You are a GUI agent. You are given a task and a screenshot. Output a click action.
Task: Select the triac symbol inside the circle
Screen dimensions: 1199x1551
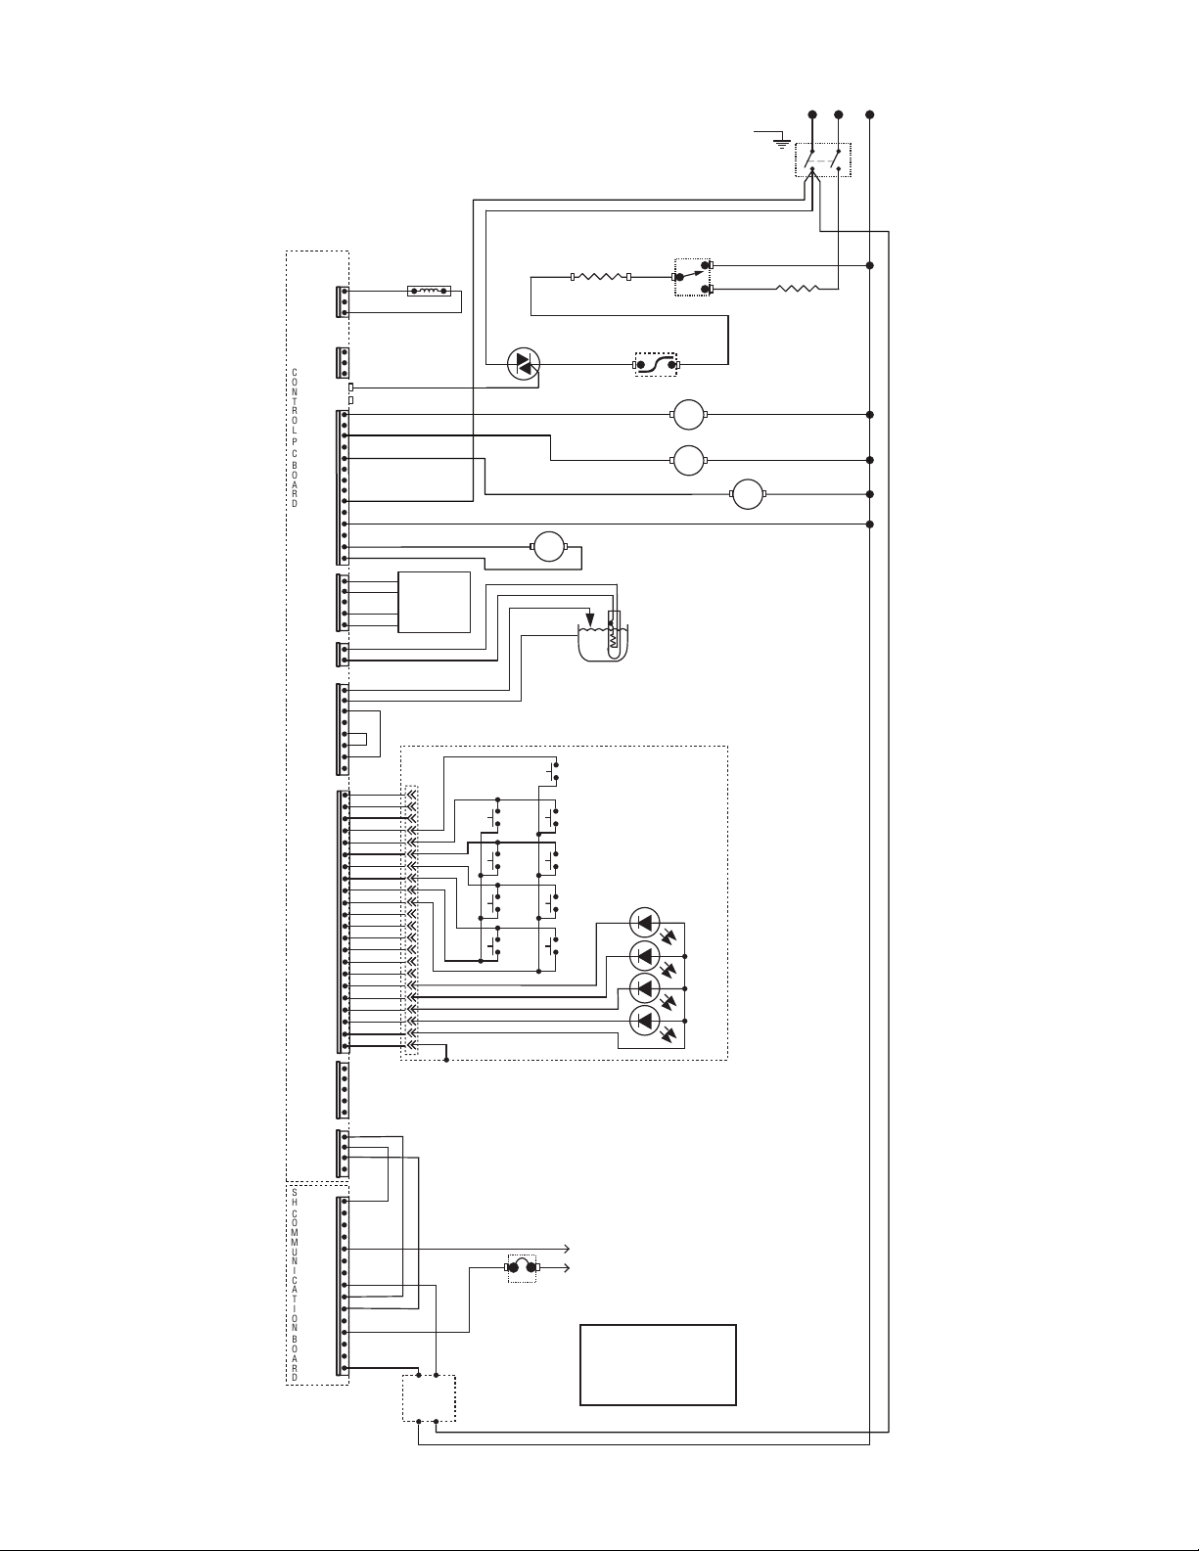pyautogui.click(x=523, y=364)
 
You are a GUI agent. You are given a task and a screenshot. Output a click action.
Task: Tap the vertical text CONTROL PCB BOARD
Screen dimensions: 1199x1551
pyautogui.click(x=295, y=438)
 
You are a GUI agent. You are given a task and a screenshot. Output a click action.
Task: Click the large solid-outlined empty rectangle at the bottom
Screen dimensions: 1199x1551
pyautogui.click(x=658, y=1365)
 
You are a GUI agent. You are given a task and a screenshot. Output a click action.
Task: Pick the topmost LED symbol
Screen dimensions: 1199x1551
pyautogui.click(x=644, y=923)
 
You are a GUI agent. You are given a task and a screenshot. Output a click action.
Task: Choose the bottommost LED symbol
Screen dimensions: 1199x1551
pyautogui.click(x=644, y=1022)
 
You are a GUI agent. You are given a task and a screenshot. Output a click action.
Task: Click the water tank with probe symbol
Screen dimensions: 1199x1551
pyautogui.click(x=603, y=637)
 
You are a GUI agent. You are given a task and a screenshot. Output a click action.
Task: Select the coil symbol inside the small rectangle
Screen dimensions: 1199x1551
pyautogui.click(x=429, y=292)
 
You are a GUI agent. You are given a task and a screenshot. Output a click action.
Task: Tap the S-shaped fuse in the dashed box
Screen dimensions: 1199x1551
pyautogui.click(x=656, y=364)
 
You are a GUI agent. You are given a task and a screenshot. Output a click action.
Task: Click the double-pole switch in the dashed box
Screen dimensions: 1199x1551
pyautogui.click(x=823, y=160)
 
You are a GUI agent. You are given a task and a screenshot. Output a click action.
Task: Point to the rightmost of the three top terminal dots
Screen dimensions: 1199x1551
pyautogui.click(x=869, y=114)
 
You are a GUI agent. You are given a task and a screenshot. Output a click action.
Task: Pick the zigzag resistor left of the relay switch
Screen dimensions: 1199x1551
pyautogui.click(x=601, y=277)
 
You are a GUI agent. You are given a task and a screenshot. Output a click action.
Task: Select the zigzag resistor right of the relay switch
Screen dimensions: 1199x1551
pyautogui.click(x=798, y=289)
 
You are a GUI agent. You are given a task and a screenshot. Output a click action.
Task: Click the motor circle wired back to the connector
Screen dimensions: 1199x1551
pyautogui.click(x=549, y=547)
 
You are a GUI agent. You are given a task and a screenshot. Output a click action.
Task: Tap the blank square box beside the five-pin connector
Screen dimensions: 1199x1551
pyautogui.click(x=434, y=602)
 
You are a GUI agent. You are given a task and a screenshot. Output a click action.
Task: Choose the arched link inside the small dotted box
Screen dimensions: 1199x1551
pyautogui.click(x=522, y=1267)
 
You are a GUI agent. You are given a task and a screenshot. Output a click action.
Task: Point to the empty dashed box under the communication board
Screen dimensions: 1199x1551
pyautogui.click(x=429, y=1398)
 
